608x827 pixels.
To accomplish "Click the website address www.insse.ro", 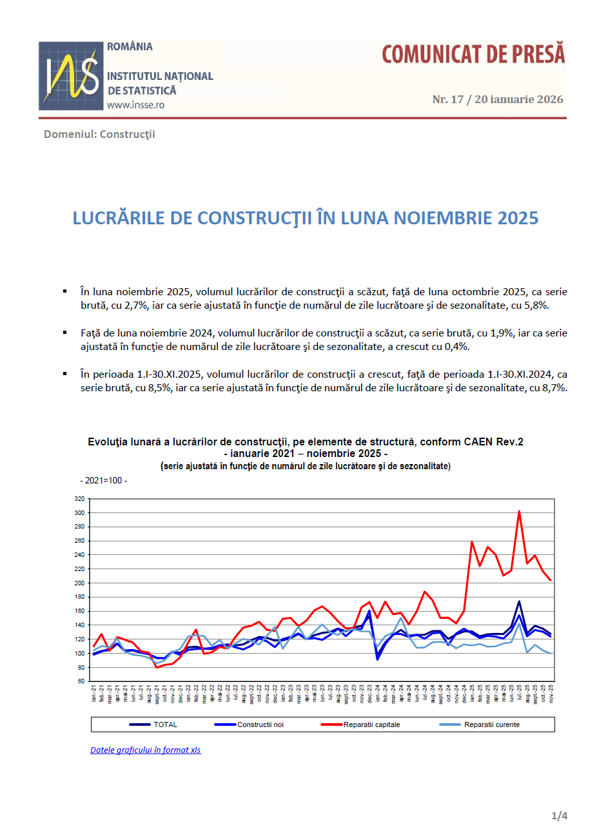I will tap(135, 105).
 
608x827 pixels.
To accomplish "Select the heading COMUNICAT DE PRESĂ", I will tap(473, 55).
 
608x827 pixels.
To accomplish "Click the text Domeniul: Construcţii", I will tap(99, 134).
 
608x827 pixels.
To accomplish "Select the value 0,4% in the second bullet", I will tap(454, 347).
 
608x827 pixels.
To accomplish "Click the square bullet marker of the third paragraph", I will tap(65, 374).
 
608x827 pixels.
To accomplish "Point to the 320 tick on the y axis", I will tap(80, 499).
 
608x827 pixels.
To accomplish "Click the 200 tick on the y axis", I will tap(80, 583).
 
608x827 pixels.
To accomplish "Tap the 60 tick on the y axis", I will tap(82, 681).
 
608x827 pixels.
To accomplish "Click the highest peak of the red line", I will tap(519, 511).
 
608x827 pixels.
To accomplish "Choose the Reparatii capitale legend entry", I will tap(371, 725).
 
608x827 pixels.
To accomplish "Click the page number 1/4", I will tap(559, 816).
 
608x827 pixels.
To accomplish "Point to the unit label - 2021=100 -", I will tap(104, 481).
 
